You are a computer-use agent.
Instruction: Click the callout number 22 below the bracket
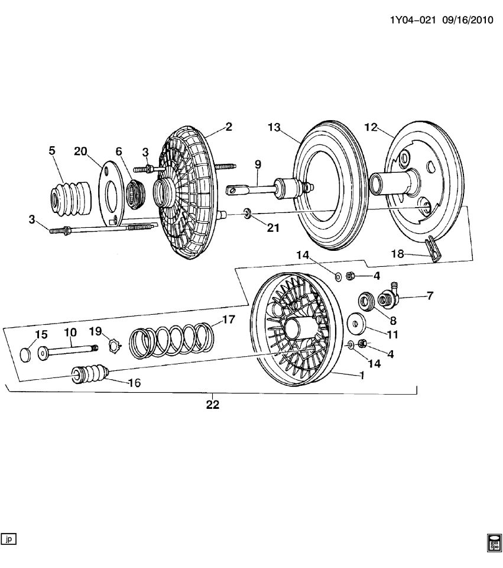click(213, 405)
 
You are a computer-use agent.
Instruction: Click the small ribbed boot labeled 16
click(89, 376)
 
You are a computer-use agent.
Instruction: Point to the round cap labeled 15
click(26, 355)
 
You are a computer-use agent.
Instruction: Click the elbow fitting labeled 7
click(391, 295)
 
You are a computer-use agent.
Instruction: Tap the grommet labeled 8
click(366, 300)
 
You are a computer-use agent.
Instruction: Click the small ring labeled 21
click(247, 212)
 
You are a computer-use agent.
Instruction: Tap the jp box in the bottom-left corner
click(9, 538)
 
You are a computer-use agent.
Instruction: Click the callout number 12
click(371, 127)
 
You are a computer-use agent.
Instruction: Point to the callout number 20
click(80, 151)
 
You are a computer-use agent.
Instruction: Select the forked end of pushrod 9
click(235, 190)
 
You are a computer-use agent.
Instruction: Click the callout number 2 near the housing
click(228, 126)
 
